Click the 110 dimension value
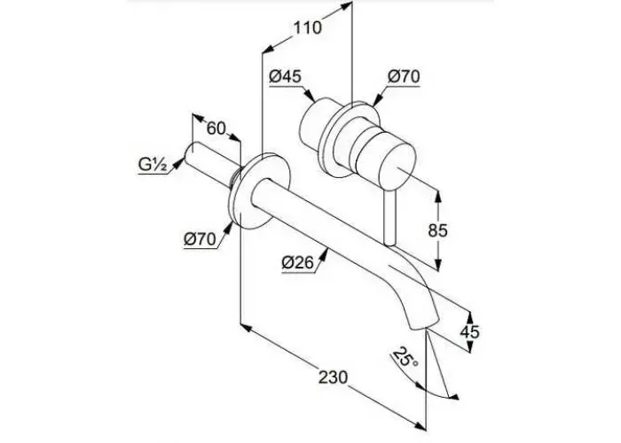coord(307,28)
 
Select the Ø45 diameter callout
coord(285,76)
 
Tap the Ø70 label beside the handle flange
coord(404,76)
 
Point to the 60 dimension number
coord(216,128)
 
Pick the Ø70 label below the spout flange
coord(200,239)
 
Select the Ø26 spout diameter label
coord(298,262)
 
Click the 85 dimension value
coord(437,230)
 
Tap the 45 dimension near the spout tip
coord(469,331)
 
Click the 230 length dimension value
coord(334,377)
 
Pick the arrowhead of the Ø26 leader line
coord(325,254)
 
